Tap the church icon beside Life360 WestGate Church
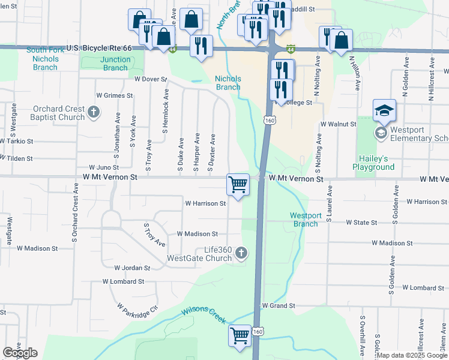(241, 253)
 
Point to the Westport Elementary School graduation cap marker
(384, 110)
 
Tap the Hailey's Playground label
(373, 163)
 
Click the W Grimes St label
(114, 95)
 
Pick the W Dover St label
(150, 79)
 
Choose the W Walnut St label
(339, 124)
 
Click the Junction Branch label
(115, 64)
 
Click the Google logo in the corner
(20, 353)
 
